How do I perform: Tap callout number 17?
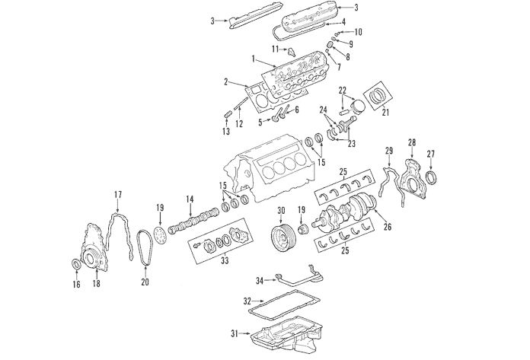(x=118, y=195)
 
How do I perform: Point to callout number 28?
(x=412, y=142)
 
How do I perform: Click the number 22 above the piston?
(x=343, y=90)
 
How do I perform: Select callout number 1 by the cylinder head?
(x=253, y=58)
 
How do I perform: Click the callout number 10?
(x=358, y=32)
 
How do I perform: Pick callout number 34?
(x=259, y=281)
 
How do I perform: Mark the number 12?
(x=238, y=123)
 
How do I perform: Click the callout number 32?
(x=247, y=300)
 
